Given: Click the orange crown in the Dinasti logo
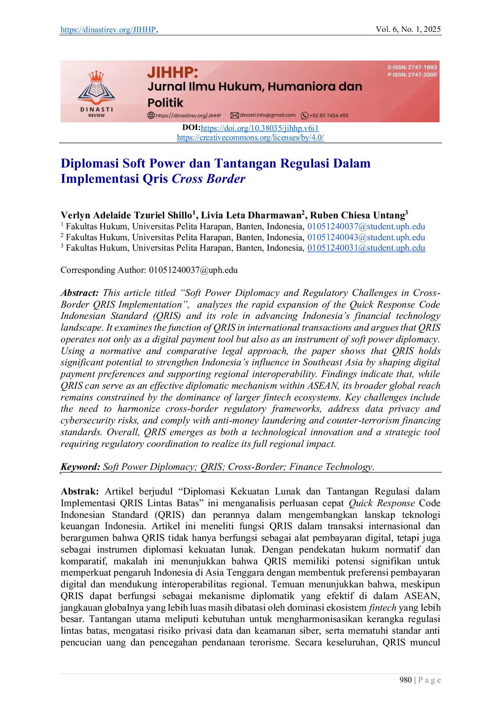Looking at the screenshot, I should tap(96, 75).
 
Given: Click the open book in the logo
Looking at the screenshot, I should tap(96, 90).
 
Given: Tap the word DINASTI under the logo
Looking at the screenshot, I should tap(97, 109).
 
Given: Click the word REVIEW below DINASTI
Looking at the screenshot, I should tap(97, 115).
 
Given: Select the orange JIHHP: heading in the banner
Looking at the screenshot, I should tap(173, 72).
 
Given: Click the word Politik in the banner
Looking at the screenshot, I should tap(165, 103).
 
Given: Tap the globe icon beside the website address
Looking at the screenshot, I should tap(151, 115).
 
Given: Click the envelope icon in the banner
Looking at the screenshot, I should tap(234, 115).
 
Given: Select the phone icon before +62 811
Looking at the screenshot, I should tap(305, 115).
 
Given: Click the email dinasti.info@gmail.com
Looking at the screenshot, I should tap(267, 115).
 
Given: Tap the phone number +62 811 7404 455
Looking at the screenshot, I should tap(329, 115).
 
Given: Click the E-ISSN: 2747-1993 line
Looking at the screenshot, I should tap(412, 67).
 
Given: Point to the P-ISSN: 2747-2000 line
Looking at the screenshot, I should tap(412, 75).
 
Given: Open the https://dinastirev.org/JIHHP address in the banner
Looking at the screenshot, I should tap(188, 115).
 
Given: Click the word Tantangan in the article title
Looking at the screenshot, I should tap(245, 163).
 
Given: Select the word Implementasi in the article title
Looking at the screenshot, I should tap(99, 178).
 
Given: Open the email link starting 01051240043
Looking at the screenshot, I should tap(366, 237).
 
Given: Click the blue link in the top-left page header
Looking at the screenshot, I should tap(107, 30).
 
